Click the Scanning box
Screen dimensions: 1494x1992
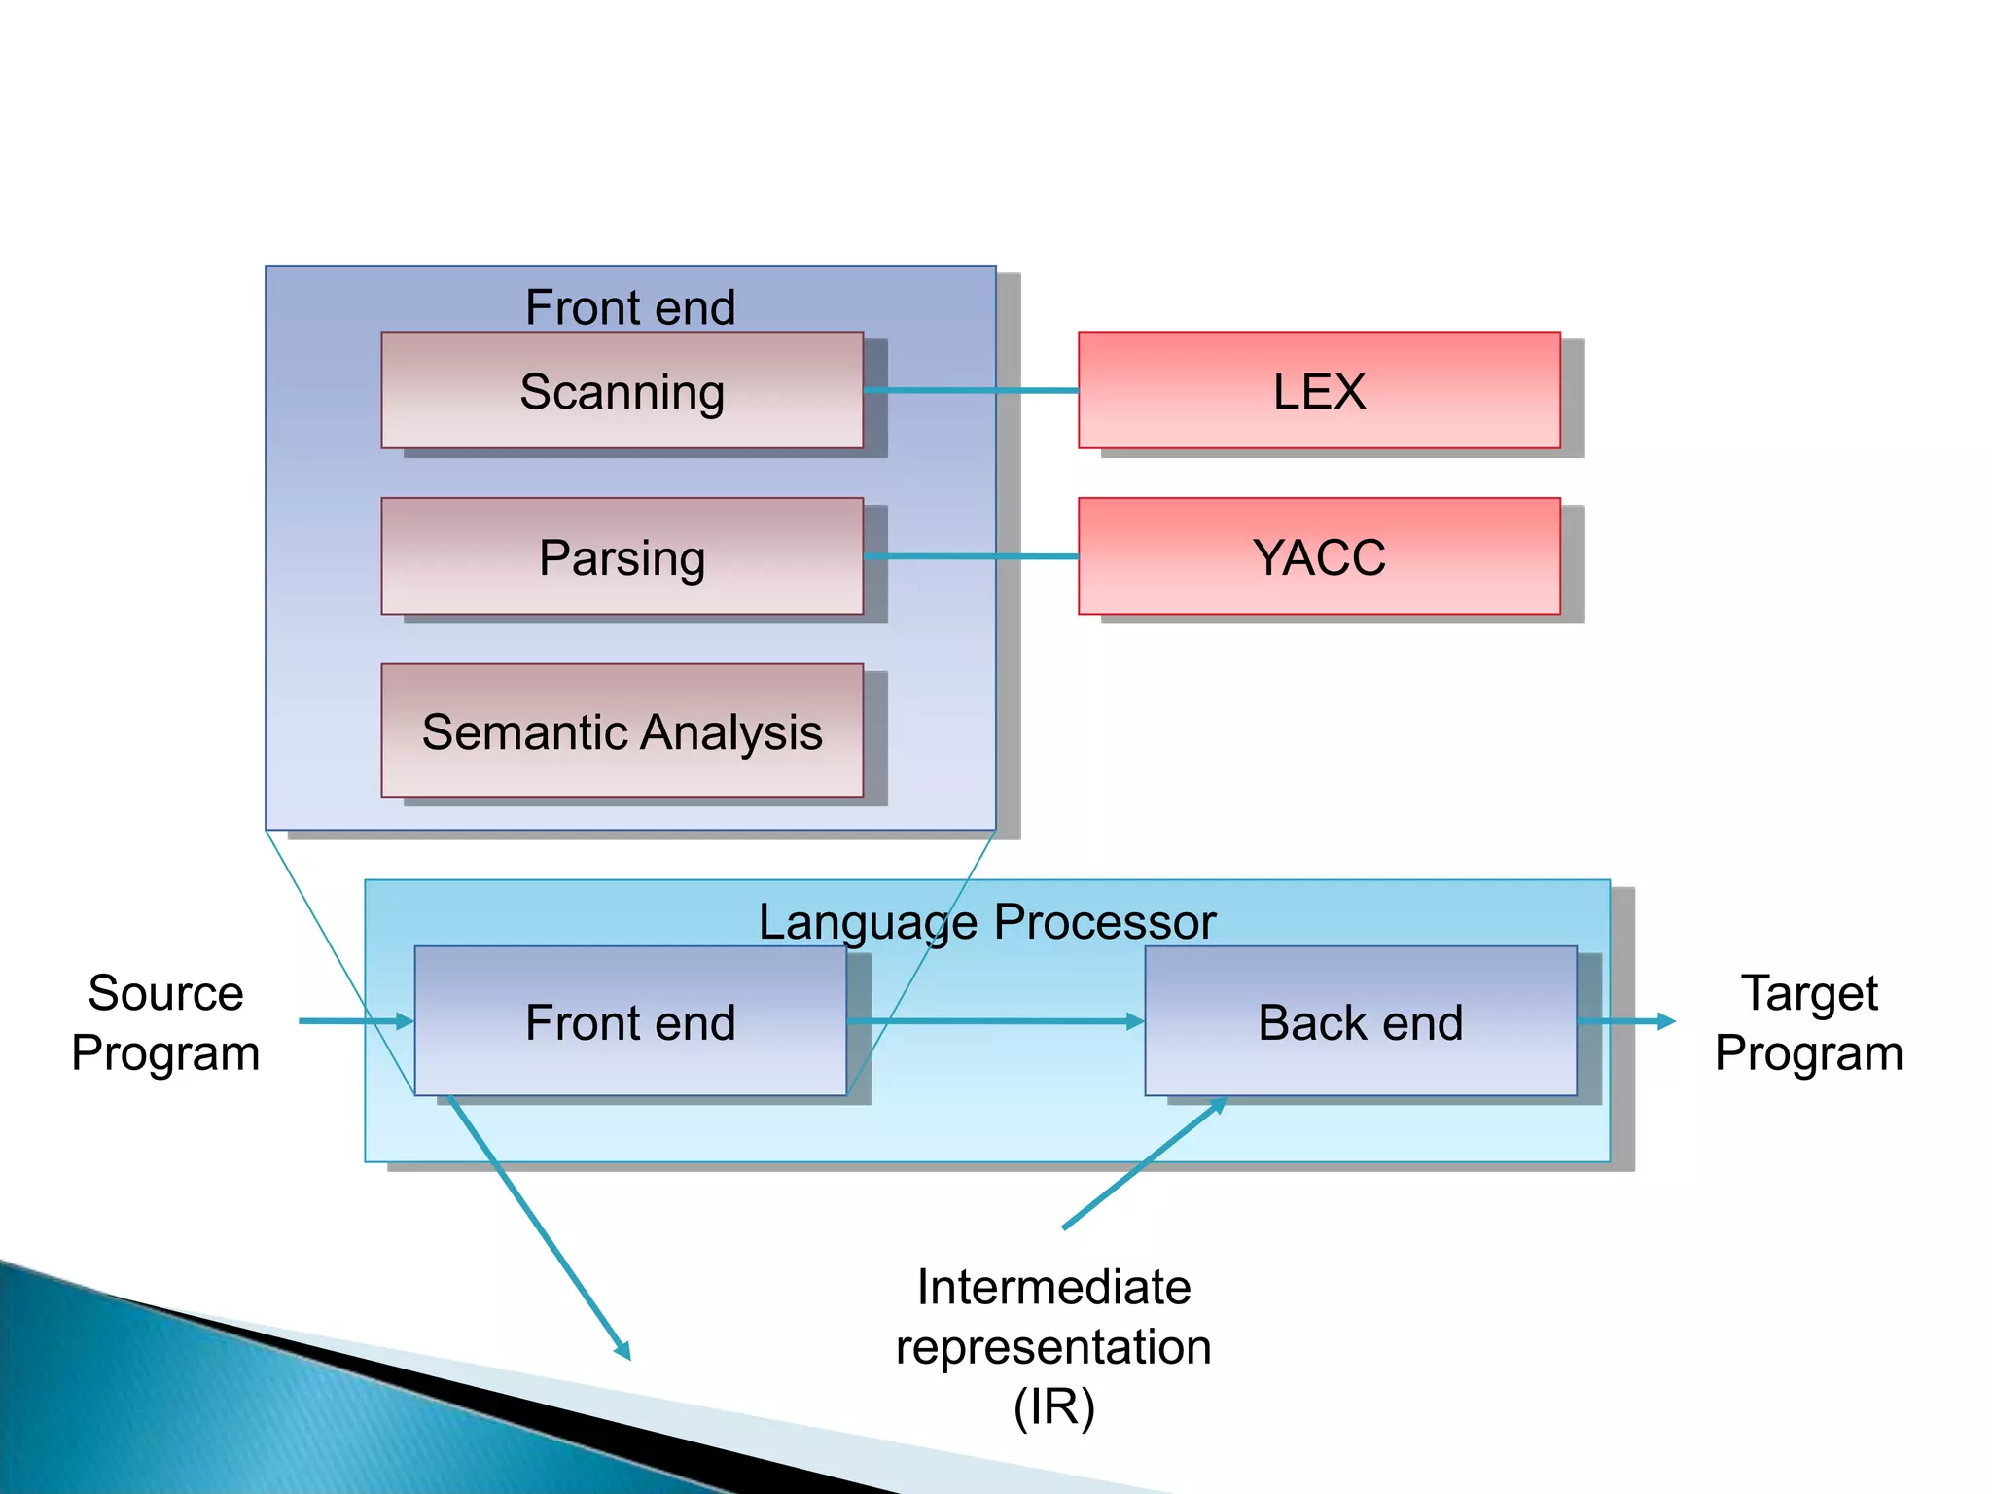(622, 390)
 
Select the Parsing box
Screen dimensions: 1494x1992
(622, 556)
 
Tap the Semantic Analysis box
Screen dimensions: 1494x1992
(622, 730)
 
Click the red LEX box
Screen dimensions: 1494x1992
(1319, 390)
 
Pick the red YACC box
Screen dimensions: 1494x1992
(1319, 556)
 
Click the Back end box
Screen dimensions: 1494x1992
(1360, 1021)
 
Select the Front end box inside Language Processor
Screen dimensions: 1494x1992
(630, 1021)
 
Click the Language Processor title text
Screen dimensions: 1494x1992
(986, 920)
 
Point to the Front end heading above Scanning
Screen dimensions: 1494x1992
(630, 307)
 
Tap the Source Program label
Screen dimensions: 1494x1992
(165, 1022)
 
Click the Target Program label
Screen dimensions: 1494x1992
(1808, 1022)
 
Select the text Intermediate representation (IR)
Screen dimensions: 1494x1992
(1053, 1346)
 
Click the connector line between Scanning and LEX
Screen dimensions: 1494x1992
(971, 390)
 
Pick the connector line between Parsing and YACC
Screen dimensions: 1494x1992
(971, 556)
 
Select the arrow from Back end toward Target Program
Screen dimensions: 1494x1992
(1624, 1021)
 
